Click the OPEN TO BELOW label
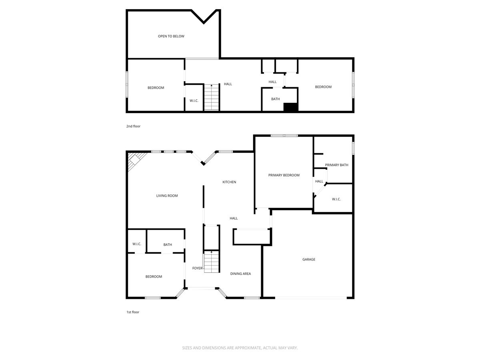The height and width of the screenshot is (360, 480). click(x=171, y=36)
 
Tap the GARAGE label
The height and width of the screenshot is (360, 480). click(x=308, y=260)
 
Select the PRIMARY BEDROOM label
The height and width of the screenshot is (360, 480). click(x=284, y=175)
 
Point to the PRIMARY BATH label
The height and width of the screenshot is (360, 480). click(x=336, y=165)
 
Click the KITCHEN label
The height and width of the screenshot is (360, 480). click(x=229, y=182)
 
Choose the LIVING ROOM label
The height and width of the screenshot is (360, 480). click(x=167, y=196)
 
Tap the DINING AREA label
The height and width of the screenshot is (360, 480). click(x=240, y=274)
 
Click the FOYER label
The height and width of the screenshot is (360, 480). click(x=197, y=268)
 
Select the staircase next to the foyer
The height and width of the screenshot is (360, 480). click(x=212, y=262)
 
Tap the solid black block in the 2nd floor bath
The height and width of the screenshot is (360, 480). click(x=290, y=107)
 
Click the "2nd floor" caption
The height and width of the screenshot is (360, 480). click(x=133, y=126)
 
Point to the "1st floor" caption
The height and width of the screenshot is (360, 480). click(x=133, y=312)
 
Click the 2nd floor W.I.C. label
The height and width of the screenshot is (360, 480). click(x=194, y=101)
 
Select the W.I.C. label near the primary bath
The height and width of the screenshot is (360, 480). click(x=336, y=199)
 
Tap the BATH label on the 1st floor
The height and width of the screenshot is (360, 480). click(x=168, y=245)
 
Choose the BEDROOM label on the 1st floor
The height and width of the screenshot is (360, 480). click(x=154, y=277)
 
